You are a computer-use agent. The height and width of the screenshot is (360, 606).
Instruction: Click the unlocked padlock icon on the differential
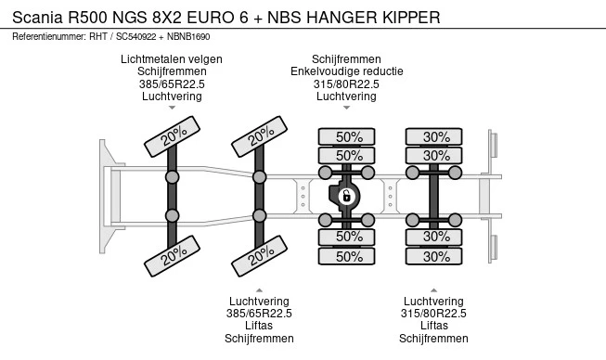tap(347, 196)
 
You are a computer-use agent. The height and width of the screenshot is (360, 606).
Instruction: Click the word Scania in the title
tap(37, 18)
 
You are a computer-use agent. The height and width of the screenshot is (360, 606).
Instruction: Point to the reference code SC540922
tap(135, 37)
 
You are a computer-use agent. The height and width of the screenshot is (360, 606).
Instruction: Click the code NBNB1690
tap(188, 37)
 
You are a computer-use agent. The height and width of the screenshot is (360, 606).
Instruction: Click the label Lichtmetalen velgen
tap(172, 59)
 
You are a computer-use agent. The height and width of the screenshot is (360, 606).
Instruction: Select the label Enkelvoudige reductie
tap(347, 71)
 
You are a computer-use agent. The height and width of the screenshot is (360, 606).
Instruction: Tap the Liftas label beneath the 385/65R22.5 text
tap(259, 326)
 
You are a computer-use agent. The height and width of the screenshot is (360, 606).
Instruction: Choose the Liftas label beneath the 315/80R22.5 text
tap(433, 326)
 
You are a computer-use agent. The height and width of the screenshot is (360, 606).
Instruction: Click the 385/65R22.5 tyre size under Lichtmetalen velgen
tap(172, 84)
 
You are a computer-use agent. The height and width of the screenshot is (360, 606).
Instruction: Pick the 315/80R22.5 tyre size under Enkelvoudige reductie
tap(346, 84)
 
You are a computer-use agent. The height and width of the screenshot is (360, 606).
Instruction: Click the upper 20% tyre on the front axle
tap(172, 136)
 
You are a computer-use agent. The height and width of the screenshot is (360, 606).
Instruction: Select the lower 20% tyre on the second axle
tap(259, 256)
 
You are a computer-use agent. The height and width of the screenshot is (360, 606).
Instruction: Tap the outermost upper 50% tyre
tap(346, 136)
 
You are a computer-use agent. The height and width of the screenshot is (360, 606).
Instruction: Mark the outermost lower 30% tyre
tap(433, 256)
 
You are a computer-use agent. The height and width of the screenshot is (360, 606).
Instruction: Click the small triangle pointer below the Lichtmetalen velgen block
tap(172, 108)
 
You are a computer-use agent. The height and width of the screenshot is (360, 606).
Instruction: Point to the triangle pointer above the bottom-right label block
tap(433, 290)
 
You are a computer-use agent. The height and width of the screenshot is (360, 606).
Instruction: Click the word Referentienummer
tap(48, 37)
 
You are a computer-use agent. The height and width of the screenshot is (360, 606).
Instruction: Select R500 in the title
tap(87, 18)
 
